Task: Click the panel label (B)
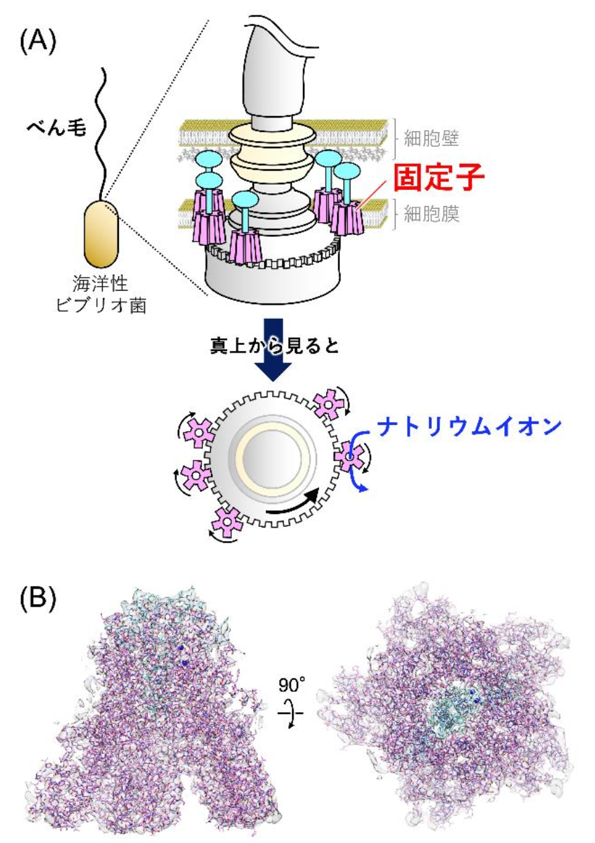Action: (38, 597)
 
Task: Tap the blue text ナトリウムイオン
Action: (467, 427)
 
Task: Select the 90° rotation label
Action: (293, 685)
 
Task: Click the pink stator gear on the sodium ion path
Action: (350, 457)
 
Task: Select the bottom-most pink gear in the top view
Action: (228, 521)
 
